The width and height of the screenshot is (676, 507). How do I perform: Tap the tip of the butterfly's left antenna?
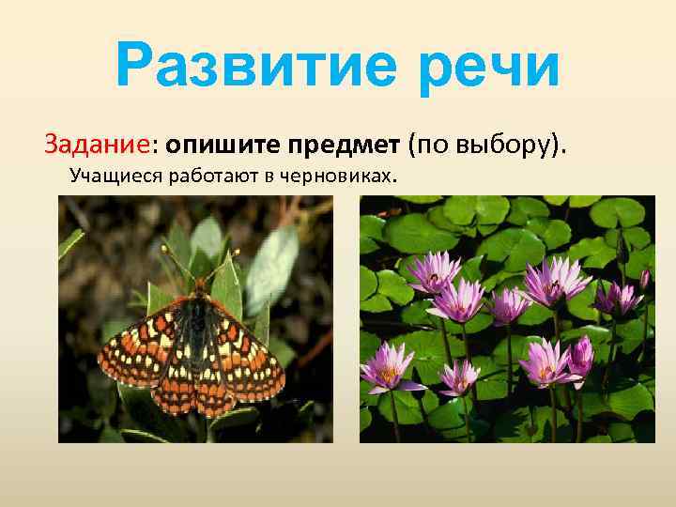click(x=165, y=249)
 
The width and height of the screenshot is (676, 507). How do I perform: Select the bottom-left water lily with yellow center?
click(x=388, y=366)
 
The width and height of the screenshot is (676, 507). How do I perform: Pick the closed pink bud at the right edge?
click(x=644, y=278)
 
